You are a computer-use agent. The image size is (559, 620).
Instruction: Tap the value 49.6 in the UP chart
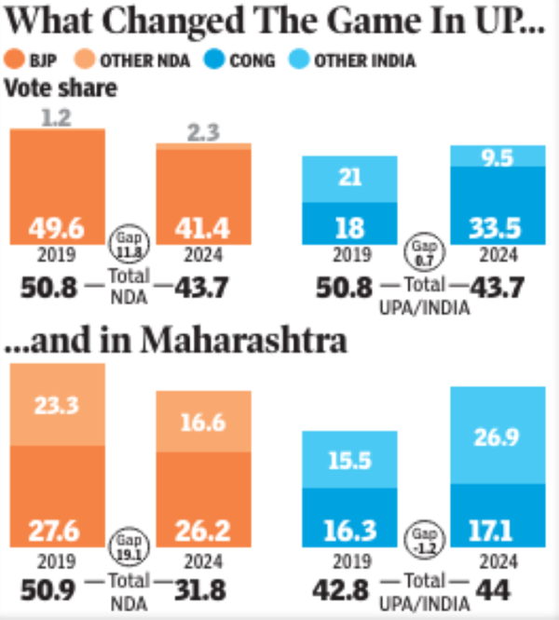click(x=57, y=226)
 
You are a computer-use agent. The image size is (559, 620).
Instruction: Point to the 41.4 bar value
click(x=203, y=226)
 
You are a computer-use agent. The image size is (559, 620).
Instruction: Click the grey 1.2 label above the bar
click(x=57, y=118)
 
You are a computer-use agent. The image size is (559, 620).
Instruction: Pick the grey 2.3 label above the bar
click(x=203, y=133)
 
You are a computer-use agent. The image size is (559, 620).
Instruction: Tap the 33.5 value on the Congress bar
click(x=497, y=226)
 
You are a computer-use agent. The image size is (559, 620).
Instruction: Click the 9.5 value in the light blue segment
click(x=498, y=156)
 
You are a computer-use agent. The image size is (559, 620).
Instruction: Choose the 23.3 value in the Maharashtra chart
click(x=57, y=405)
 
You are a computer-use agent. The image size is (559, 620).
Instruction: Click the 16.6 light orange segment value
click(x=203, y=421)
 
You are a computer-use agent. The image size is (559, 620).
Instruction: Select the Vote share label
click(x=61, y=88)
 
